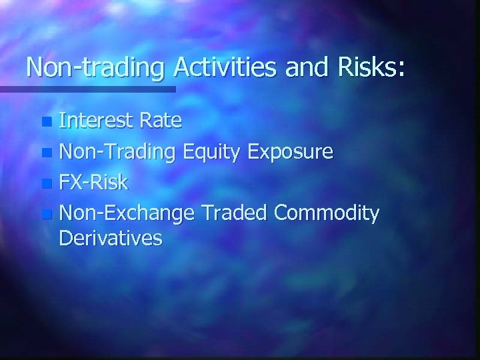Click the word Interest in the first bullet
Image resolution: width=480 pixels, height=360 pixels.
click(x=98, y=121)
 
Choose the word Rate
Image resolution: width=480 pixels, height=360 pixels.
click(x=161, y=121)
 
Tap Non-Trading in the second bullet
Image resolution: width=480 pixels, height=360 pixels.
click(x=117, y=152)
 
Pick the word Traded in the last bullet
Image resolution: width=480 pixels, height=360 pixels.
click(x=233, y=213)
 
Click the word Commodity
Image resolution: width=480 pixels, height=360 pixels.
click(x=327, y=214)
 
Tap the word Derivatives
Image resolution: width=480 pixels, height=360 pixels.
click(x=110, y=238)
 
